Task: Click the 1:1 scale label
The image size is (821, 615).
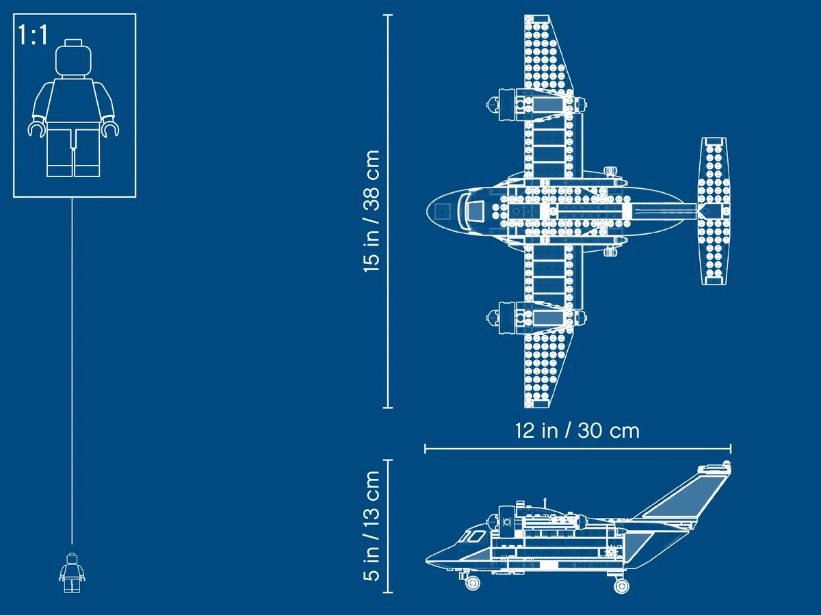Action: pos(33,36)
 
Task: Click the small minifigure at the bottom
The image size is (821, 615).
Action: pos(73,573)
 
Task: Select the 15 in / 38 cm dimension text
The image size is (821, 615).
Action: pos(372,211)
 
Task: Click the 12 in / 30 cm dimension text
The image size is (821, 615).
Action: pos(577,430)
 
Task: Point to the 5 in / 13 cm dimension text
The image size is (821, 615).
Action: pos(372,525)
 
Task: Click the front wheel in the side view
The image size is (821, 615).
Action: pos(473,582)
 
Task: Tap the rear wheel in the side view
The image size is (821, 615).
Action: pos(621,585)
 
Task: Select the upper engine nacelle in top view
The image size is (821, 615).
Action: pos(536,105)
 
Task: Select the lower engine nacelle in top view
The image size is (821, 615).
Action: pos(536,318)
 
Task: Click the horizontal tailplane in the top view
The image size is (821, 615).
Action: pos(714,211)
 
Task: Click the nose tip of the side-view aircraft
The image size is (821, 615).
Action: pos(426,561)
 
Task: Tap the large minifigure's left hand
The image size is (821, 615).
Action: pos(111,129)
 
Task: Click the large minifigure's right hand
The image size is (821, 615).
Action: pos(36,129)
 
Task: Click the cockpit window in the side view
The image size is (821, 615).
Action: pos(473,537)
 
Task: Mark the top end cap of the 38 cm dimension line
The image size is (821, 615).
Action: pos(388,15)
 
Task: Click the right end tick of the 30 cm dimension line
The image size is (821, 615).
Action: pos(731,449)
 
